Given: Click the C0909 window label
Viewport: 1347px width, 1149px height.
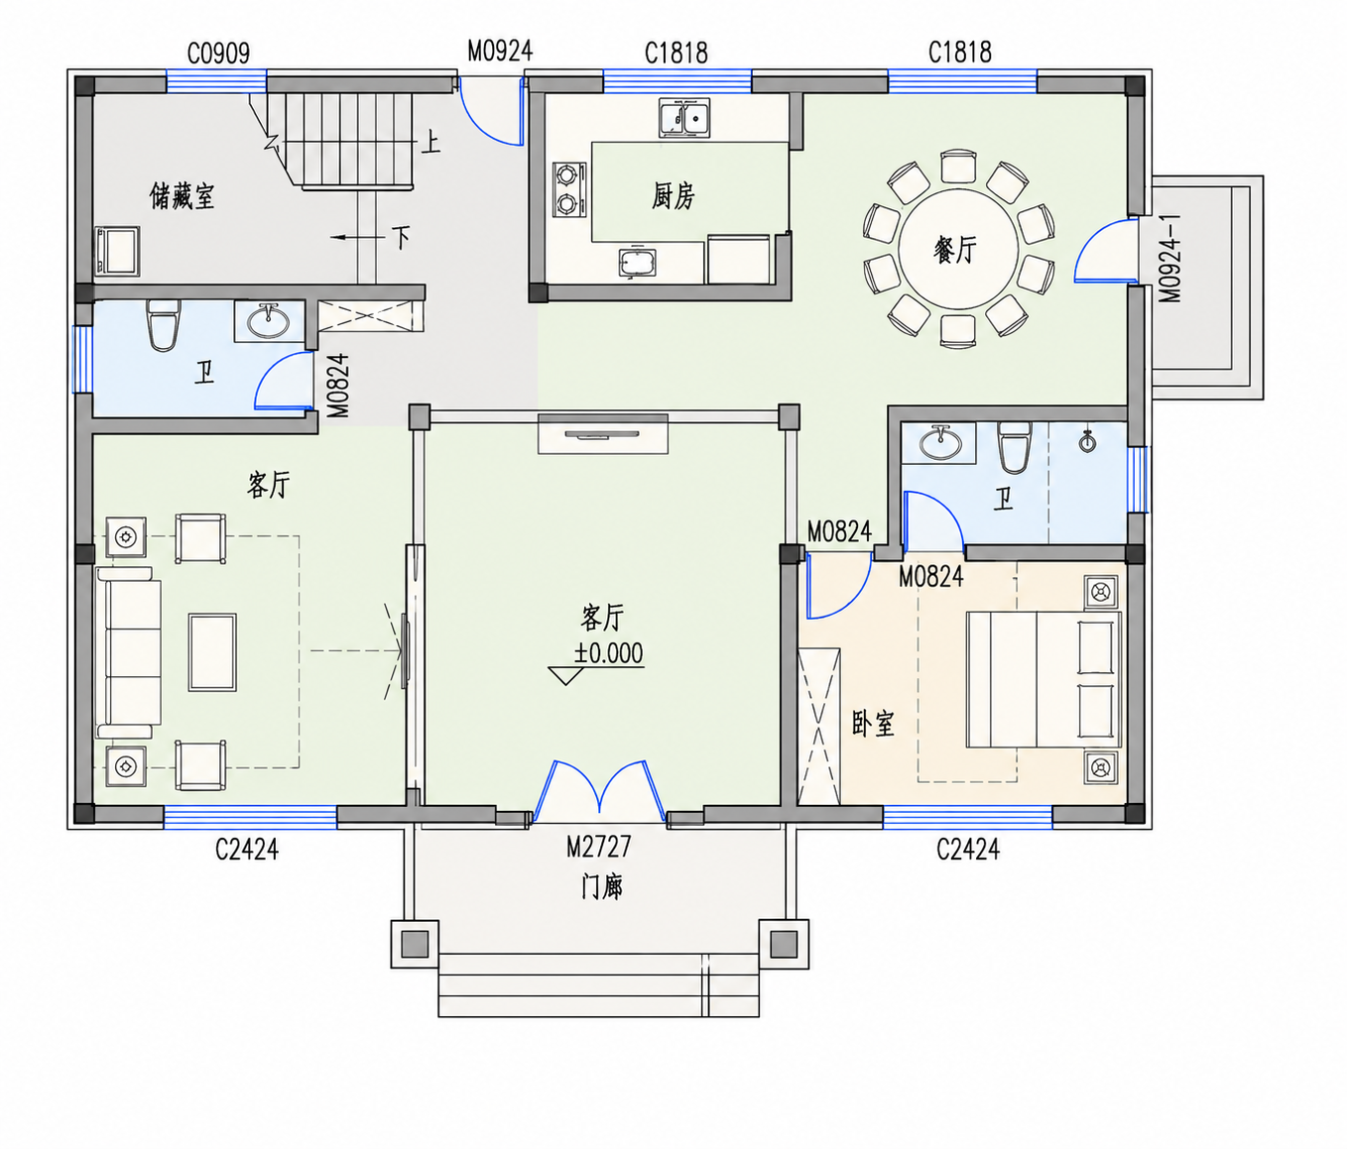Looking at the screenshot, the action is pyautogui.click(x=218, y=54).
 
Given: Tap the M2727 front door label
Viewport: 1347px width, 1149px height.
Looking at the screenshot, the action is pyautogui.click(x=598, y=847).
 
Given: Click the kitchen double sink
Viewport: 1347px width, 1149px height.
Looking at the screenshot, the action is pyautogui.click(x=683, y=118).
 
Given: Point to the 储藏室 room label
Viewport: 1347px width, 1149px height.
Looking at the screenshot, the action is pyautogui.click(x=182, y=195).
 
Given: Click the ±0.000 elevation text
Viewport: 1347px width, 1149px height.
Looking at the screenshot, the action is pyautogui.click(x=609, y=652).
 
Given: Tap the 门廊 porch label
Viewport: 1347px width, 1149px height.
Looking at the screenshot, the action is pyautogui.click(x=601, y=886).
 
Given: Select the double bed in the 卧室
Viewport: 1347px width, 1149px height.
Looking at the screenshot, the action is pyautogui.click(x=1043, y=679).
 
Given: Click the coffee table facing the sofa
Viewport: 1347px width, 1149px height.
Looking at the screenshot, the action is pyautogui.click(x=212, y=651).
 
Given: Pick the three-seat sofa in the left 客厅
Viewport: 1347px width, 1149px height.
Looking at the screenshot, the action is pyautogui.click(x=128, y=652).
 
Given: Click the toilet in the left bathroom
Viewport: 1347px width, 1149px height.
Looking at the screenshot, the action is pyautogui.click(x=162, y=324).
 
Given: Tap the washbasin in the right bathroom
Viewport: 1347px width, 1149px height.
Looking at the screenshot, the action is pyautogui.click(x=939, y=443).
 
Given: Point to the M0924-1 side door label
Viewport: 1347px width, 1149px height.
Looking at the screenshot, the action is pyautogui.click(x=1170, y=259).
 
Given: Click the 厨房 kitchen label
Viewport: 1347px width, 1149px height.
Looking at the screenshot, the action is pyautogui.click(x=673, y=195).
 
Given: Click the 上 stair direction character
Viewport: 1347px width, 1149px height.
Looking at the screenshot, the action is pyautogui.click(x=429, y=142).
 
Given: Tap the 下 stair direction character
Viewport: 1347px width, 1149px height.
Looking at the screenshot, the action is pyautogui.click(x=402, y=238).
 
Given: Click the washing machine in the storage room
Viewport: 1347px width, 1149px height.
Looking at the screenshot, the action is pyautogui.click(x=117, y=251).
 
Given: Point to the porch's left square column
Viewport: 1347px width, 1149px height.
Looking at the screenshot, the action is pyautogui.click(x=415, y=943).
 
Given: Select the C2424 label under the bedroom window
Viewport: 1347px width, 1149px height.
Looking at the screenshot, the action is pyautogui.click(x=968, y=849).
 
